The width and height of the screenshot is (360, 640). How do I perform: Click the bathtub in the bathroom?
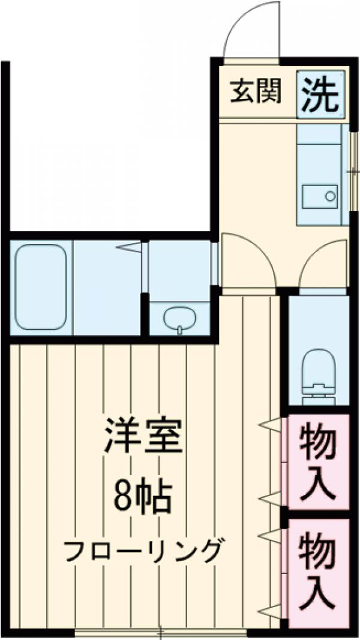[40, 286]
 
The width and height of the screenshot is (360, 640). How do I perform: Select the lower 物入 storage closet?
[317, 570]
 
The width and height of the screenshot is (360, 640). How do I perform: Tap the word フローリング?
[142, 549]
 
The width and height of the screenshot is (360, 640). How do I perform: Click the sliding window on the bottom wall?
[161, 631]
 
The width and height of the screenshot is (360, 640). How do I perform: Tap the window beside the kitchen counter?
[353, 171]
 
